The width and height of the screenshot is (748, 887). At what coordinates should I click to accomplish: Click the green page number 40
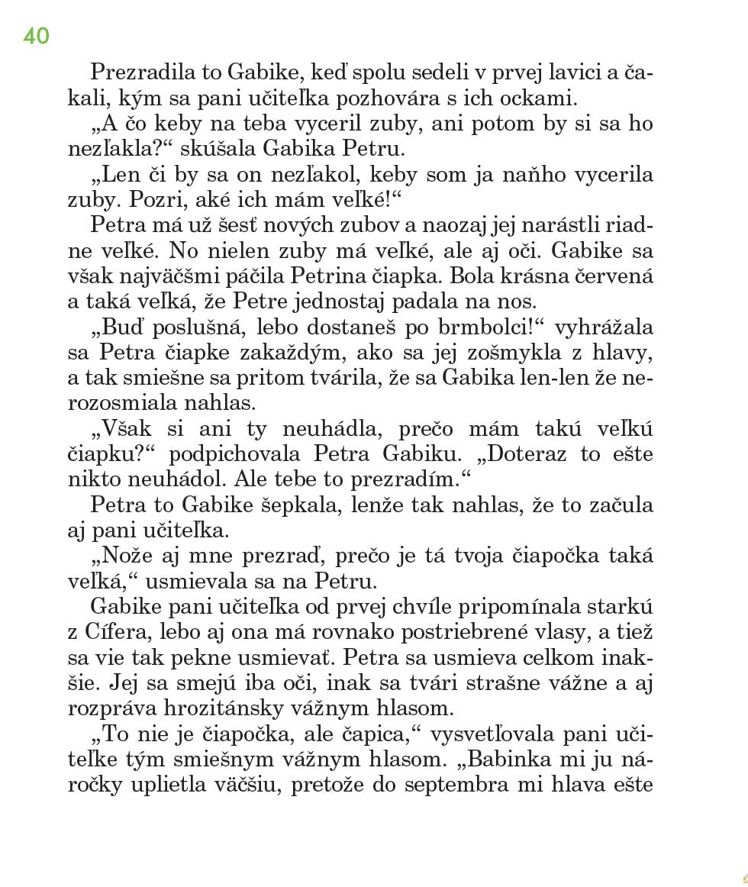tap(36, 36)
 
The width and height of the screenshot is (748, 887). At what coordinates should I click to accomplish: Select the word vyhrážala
tap(604, 327)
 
